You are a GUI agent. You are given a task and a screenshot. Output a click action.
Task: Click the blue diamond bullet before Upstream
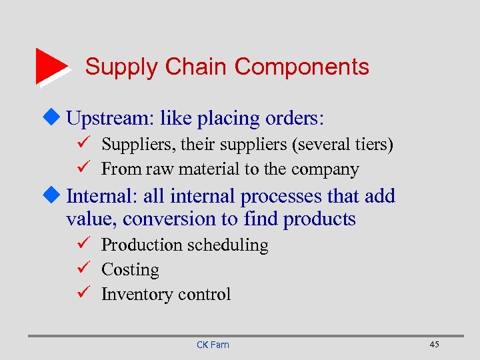coord(57,118)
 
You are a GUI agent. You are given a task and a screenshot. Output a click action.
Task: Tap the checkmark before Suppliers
coord(83,144)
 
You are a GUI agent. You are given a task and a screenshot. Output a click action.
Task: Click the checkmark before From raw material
coord(83,169)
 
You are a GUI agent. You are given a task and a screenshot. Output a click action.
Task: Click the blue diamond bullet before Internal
coord(57,196)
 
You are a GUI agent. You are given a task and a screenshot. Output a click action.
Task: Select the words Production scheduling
coord(185,245)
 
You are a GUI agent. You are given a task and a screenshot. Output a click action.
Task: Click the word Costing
coord(130,270)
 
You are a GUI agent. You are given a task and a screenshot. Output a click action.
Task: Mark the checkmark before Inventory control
coord(83,294)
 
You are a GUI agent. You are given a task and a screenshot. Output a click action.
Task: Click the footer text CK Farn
coord(213,345)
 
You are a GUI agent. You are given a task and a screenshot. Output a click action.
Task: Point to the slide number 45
coord(434,344)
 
